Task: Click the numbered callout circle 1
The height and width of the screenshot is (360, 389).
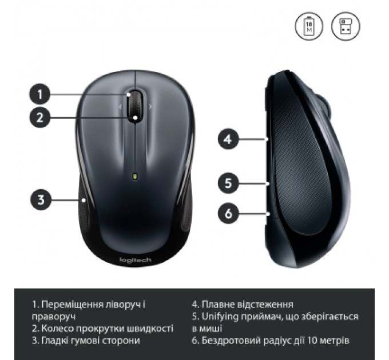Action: [39, 93]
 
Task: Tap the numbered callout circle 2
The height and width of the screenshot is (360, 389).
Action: [39, 118]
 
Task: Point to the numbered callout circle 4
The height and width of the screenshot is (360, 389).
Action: [228, 138]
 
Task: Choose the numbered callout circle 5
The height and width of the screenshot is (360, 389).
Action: [228, 183]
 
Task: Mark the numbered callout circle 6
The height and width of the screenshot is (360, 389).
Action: [228, 214]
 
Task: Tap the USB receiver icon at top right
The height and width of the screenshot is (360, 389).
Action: [343, 26]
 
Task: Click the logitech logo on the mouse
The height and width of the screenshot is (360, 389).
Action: [135, 260]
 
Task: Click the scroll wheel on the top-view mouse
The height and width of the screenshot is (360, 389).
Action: [135, 105]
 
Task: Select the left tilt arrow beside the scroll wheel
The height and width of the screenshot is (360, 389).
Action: [120, 106]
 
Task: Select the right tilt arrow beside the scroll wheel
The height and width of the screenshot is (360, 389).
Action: [150, 106]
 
